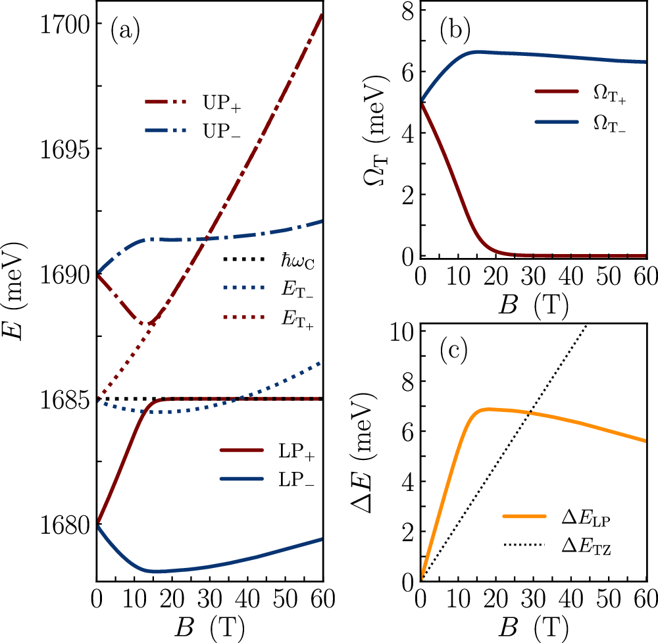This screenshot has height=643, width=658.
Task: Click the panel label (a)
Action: (x=125, y=31)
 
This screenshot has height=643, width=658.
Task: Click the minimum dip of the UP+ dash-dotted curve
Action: (x=150, y=323)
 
